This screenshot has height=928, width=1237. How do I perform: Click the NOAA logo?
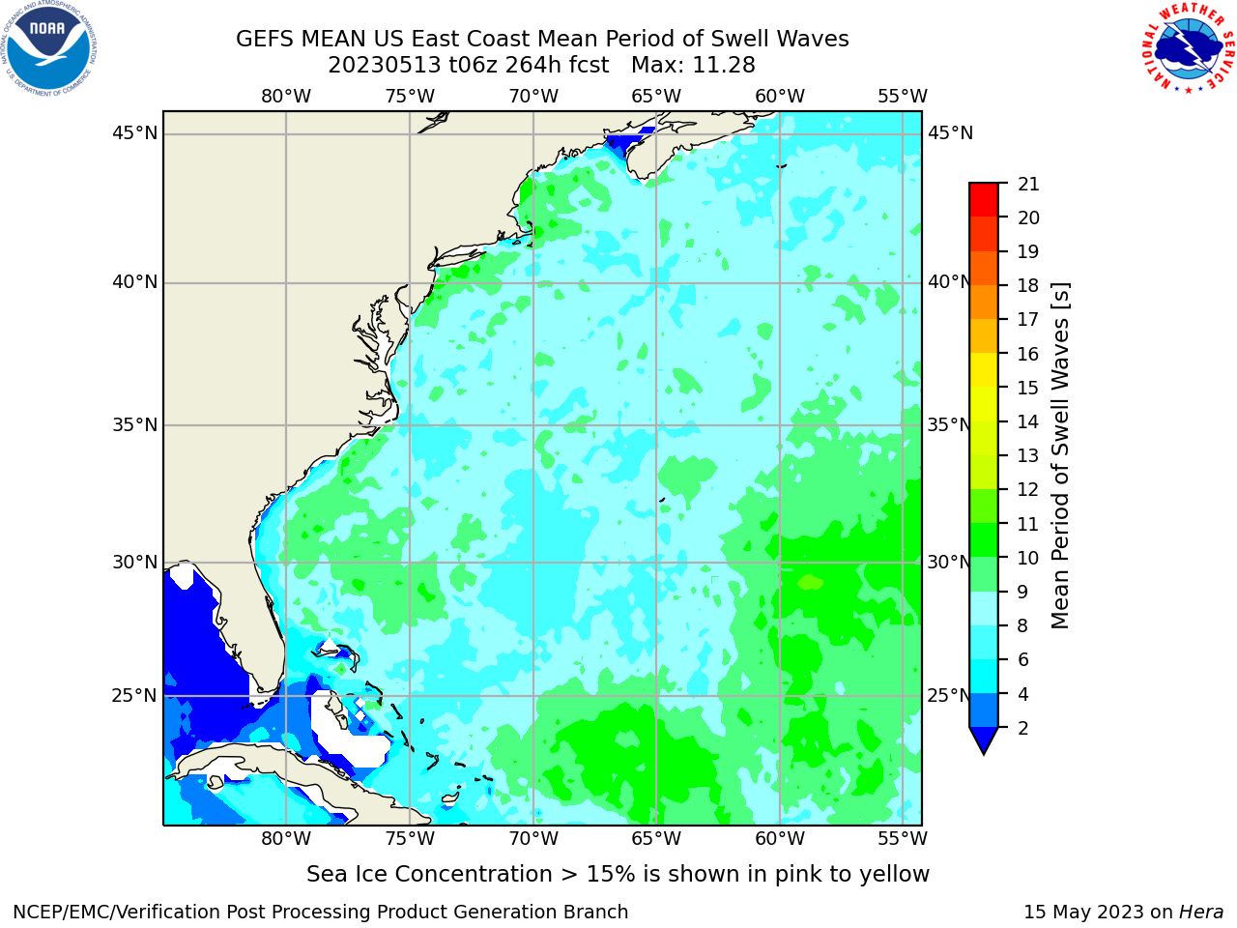coord(49,48)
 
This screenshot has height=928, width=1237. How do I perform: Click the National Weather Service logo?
coord(1188,47)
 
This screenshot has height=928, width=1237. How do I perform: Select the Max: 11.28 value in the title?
coord(693,66)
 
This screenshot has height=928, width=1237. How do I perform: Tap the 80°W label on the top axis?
coord(286,97)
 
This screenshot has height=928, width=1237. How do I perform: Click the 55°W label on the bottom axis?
coord(903,839)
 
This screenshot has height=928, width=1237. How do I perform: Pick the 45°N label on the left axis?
coord(134,133)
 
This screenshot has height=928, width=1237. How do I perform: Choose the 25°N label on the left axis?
coord(134,696)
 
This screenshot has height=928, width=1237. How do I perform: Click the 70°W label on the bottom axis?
coord(533,839)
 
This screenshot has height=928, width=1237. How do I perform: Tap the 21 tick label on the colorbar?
coord(1028,185)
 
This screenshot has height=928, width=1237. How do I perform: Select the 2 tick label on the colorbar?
coord(1023,728)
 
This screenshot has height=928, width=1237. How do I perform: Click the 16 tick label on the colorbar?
coord(1028,354)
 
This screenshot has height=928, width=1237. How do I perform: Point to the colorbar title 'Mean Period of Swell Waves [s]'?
coord(1060,456)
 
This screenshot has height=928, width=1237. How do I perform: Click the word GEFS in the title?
coord(264,40)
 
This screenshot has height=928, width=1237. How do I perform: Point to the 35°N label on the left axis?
coord(134,424)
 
